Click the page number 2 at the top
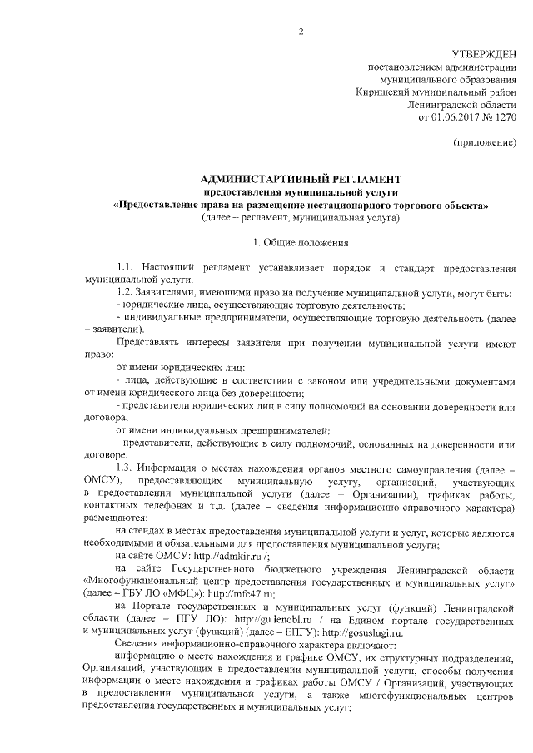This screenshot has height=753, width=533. (301, 32)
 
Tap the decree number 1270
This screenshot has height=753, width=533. (505, 117)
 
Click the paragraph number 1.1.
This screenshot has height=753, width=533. (125, 268)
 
